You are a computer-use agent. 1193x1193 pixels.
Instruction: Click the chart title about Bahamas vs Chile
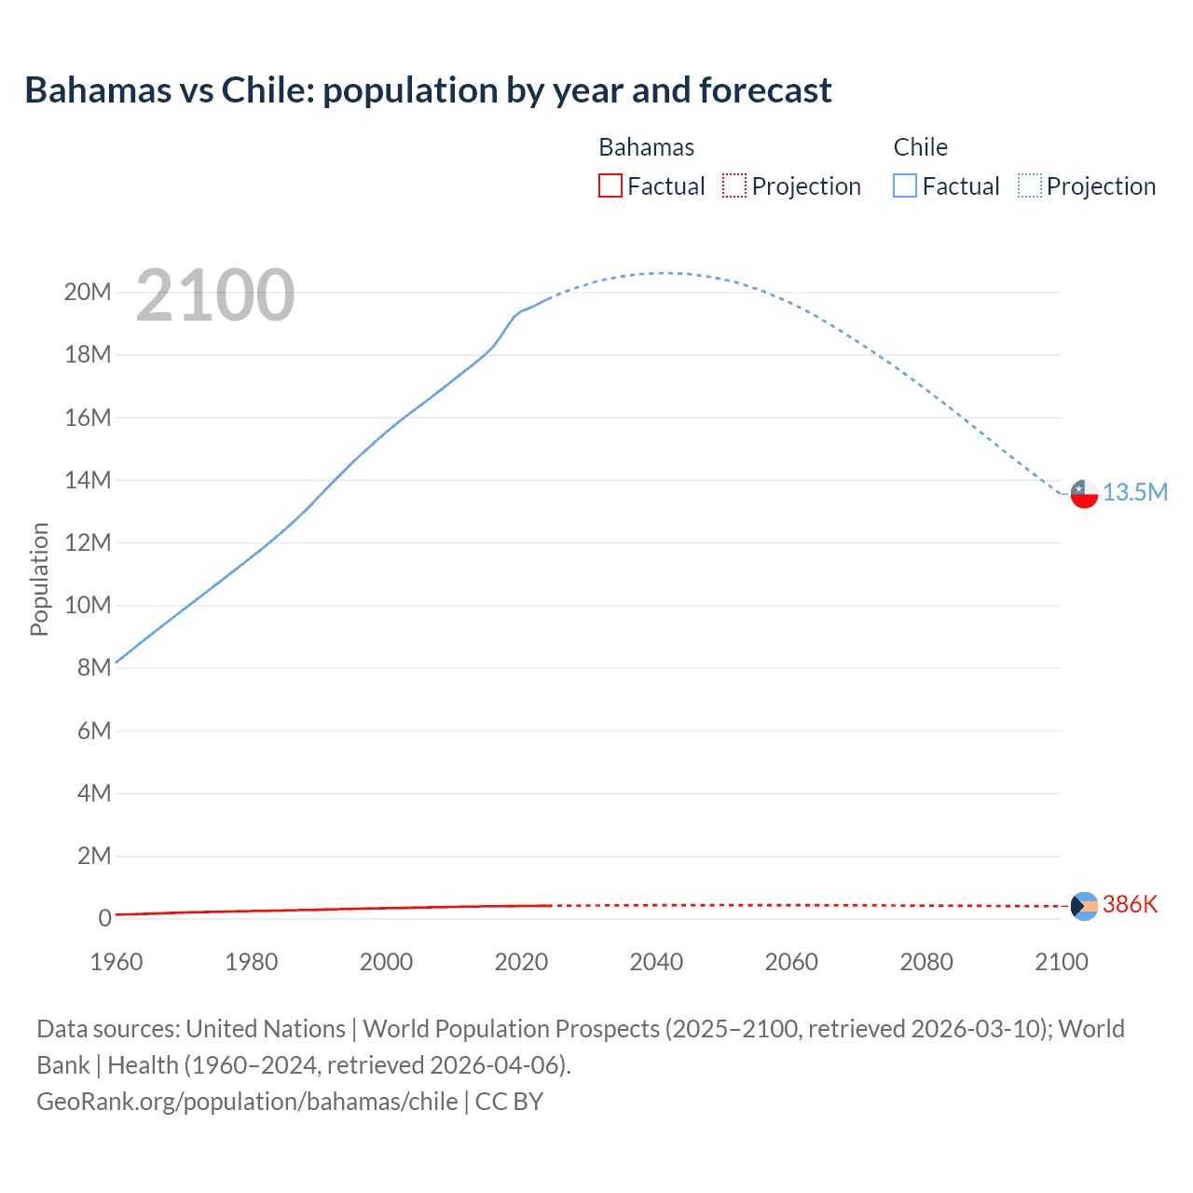[428, 90]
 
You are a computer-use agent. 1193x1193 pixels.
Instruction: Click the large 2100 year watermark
[215, 295]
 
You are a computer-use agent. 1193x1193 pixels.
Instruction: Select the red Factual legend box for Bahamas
[610, 185]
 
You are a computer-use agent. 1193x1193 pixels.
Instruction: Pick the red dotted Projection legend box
[734, 185]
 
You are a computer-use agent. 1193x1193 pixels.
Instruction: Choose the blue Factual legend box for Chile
[905, 185]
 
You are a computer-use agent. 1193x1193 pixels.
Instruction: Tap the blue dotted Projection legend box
[1030, 185]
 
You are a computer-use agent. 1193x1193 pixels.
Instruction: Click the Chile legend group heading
[920, 147]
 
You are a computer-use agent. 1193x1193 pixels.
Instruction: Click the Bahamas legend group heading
[646, 147]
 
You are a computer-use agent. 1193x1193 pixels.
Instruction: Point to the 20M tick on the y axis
[88, 292]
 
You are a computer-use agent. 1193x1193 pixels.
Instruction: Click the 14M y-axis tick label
[88, 480]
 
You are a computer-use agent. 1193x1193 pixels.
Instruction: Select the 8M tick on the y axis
[94, 667]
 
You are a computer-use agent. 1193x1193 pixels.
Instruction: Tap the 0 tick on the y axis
[105, 918]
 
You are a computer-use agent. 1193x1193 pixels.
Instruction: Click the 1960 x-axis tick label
[117, 962]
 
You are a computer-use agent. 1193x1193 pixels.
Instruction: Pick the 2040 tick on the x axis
[656, 962]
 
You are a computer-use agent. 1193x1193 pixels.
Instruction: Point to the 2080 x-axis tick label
[926, 962]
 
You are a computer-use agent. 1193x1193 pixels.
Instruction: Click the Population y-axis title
[39, 579]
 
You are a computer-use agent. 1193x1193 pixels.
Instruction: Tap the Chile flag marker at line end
[1084, 493]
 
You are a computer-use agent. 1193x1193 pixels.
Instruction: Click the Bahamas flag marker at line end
[1084, 905]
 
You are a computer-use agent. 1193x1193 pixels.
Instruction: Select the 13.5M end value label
[1135, 492]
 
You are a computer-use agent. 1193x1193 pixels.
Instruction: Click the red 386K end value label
[1130, 904]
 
